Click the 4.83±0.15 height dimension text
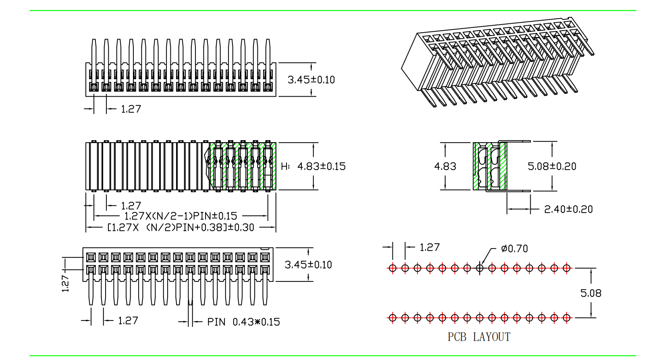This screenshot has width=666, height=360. click(x=321, y=166)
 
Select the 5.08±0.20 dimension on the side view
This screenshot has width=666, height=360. click(x=552, y=166)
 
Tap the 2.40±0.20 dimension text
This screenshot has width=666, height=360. click(x=568, y=209)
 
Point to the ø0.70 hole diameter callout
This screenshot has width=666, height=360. click(x=515, y=249)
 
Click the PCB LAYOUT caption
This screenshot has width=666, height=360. click(x=479, y=337)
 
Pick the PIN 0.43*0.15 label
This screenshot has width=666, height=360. click(x=243, y=322)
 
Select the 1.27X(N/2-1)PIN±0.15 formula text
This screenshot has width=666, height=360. click(x=181, y=216)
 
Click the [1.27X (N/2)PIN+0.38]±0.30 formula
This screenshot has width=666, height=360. click(x=181, y=228)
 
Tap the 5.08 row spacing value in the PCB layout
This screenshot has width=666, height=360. click(x=591, y=293)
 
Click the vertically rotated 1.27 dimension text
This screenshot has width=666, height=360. click(x=65, y=283)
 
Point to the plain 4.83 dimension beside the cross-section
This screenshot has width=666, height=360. click(x=445, y=166)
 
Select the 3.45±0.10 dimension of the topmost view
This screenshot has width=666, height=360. click(x=311, y=80)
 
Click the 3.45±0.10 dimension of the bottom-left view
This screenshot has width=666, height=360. click(x=308, y=265)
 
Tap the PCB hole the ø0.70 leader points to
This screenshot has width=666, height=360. click(x=479, y=268)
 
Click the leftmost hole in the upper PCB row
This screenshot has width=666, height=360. click(x=392, y=268)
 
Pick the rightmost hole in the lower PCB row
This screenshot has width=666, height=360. click(x=566, y=318)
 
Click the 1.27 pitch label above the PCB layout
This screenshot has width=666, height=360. click(x=429, y=247)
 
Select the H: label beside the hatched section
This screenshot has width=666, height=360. click(x=285, y=166)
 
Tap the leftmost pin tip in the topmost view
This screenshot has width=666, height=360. click(x=94, y=41)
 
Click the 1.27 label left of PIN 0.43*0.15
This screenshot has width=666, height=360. click(x=128, y=321)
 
